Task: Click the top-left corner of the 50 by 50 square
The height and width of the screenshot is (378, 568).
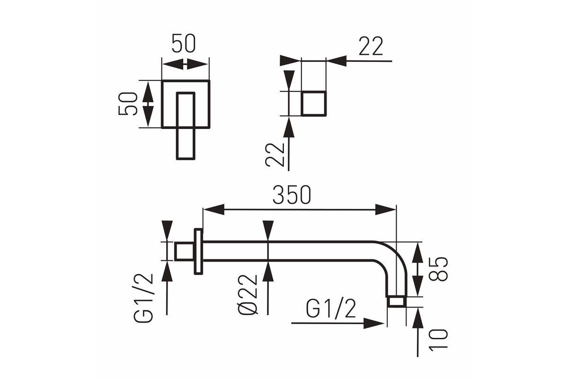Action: [162, 81]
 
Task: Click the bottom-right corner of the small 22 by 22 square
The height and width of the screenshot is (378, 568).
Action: [326, 115]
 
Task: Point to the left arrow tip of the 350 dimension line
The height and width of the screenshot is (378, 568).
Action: [204, 209]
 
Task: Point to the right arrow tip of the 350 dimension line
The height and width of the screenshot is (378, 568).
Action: [396, 209]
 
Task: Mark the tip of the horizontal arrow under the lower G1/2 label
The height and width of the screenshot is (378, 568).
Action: [384, 323]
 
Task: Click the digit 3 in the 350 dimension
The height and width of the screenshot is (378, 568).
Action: [278, 195]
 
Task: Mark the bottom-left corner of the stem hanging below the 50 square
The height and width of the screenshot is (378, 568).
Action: [177, 159]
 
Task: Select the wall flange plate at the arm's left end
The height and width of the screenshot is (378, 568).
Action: [198, 251]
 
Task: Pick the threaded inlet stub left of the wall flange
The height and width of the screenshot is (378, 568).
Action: [184, 251]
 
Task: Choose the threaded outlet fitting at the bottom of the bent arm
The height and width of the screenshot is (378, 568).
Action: [397, 301]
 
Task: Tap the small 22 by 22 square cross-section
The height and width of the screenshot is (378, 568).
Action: [313, 103]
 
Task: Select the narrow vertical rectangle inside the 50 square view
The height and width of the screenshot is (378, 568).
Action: [186, 126]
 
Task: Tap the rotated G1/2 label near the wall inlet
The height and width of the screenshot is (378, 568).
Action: [143, 298]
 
